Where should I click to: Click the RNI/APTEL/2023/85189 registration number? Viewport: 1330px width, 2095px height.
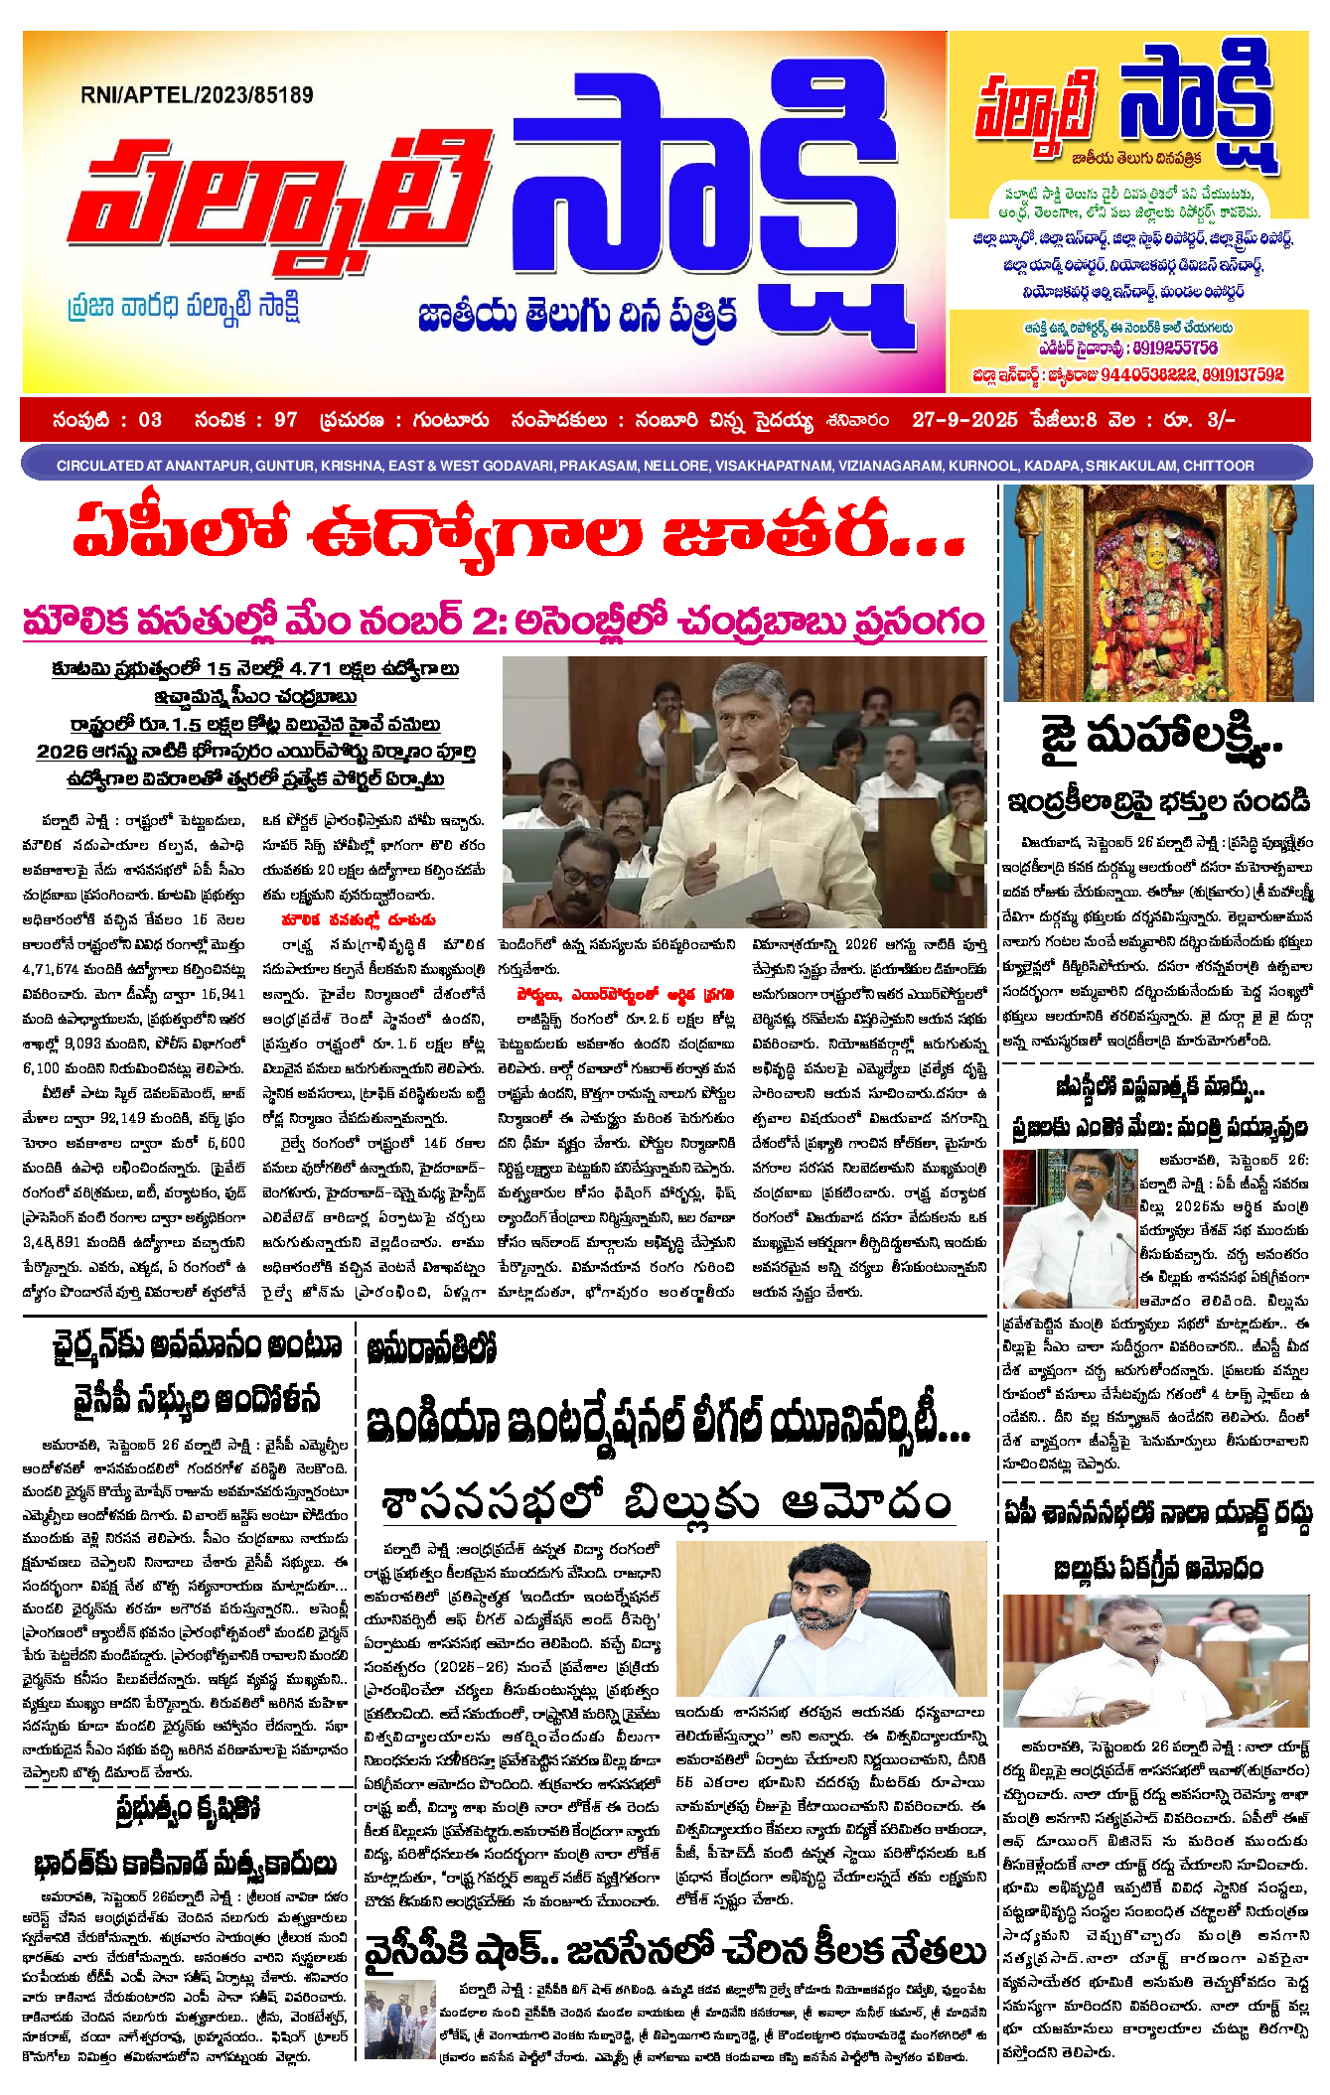197,95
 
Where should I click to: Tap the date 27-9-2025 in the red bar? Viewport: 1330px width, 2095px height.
964,420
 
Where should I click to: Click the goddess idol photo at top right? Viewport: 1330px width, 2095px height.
1158,593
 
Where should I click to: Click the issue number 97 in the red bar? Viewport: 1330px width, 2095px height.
286,420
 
